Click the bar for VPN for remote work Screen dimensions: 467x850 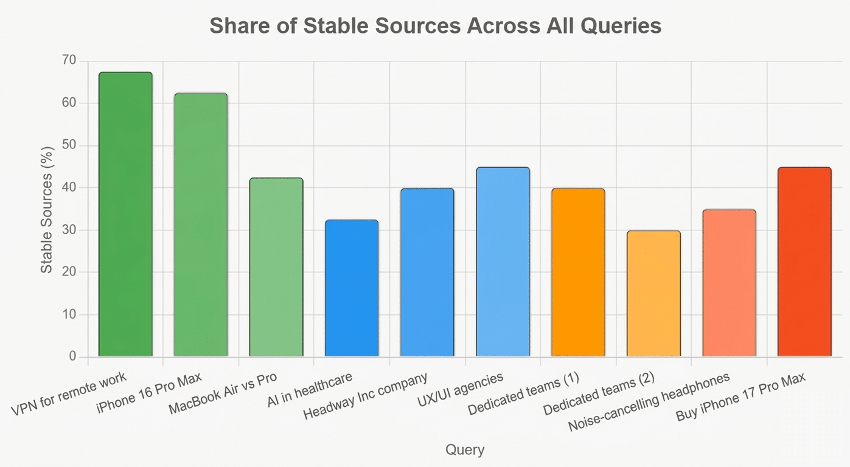point(125,214)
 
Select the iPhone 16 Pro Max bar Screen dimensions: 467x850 point(201,224)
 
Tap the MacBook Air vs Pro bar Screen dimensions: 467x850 point(276,267)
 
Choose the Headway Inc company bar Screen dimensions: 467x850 point(427,272)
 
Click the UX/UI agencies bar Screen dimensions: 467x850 point(503,261)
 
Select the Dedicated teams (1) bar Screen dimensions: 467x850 point(578,272)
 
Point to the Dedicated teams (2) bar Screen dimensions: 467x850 point(653,293)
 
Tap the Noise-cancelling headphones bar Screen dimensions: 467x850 point(729,283)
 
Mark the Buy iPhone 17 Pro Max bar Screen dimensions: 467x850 point(804,261)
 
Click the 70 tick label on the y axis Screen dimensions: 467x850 point(69,61)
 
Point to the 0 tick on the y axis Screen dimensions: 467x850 point(73,357)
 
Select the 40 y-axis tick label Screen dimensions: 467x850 point(69,188)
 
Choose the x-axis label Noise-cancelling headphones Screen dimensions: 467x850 point(649,403)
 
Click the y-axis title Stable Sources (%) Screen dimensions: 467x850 point(47,210)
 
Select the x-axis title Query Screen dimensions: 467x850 point(465,450)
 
